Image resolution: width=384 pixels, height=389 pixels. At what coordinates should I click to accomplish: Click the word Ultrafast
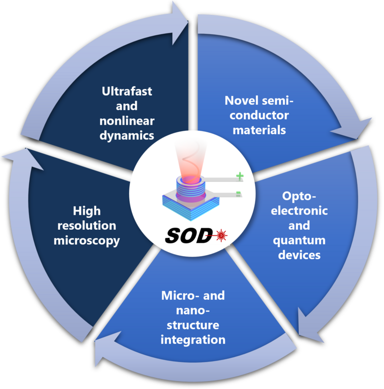(127, 92)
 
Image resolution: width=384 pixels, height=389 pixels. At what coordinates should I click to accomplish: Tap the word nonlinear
(127, 121)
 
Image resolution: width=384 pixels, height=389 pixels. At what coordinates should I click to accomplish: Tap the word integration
(193, 340)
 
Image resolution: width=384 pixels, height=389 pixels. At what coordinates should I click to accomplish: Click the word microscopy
(87, 241)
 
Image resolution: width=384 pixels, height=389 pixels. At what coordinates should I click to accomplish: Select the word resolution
(87, 226)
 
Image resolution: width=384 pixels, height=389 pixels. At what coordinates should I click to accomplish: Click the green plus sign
(239, 176)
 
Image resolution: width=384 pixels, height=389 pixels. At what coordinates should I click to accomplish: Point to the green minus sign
(238, 194)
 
